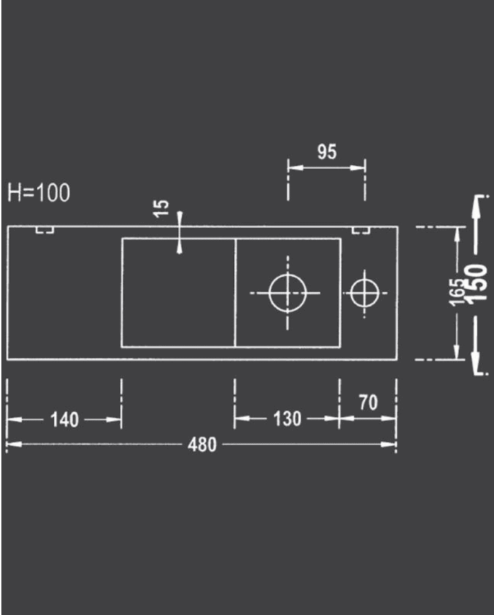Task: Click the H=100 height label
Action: tap(39, 192)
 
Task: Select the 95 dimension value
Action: tap(327, 152)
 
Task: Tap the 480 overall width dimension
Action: tap(203, 445)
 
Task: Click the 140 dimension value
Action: tap(64, 420)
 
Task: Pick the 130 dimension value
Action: tap(287, 419)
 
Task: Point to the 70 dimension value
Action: tap(368, 403)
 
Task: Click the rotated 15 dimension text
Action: tap(162, 208)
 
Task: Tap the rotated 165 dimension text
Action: tap(458, 291)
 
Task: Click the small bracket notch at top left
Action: tap(45, 230)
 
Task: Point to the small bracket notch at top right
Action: tap(361, 230)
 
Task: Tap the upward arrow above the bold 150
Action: tap(474, 212)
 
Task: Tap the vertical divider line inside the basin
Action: tap(235, 292)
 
